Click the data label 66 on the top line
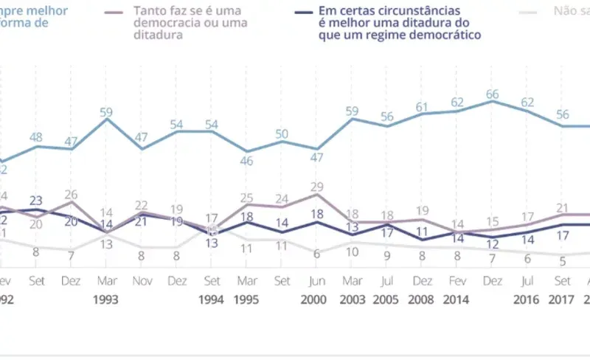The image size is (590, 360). point(491,94)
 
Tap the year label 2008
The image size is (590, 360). point(421,300)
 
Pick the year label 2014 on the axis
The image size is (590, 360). point(457,300)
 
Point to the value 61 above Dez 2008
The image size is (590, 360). point(421,107)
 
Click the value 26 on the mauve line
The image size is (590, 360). point(71,195)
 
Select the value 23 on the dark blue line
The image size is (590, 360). point(35,200)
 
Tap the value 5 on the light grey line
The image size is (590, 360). point(562,260)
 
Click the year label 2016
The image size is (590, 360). point(527,300)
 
